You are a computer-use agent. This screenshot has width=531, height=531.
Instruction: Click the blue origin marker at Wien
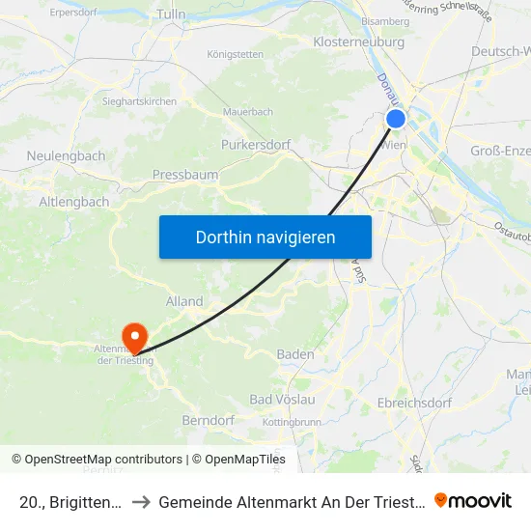click(396, 118)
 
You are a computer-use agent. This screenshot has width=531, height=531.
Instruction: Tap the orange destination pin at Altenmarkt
click(133, 336)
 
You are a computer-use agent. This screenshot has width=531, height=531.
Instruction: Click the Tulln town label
click(170, 14)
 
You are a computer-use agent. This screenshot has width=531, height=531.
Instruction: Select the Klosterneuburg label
click(358, 42)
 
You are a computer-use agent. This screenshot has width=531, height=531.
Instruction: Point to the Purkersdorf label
click(256, 144)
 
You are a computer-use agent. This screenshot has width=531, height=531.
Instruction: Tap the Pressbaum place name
click(184, 175)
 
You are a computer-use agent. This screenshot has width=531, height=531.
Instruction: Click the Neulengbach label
click(66, 155)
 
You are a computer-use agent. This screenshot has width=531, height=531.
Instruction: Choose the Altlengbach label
click(74, 203)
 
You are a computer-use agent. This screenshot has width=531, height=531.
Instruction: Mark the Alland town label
click(184, 301)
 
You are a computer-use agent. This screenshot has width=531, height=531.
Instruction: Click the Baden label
click(295, 354)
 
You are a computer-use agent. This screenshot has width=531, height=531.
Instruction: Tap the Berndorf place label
click(208, 421)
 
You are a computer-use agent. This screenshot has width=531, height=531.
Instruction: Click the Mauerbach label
click(248, 112)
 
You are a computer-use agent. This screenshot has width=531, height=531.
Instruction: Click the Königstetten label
click(235, 54)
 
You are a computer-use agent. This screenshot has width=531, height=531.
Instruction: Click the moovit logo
click(473, 500)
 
